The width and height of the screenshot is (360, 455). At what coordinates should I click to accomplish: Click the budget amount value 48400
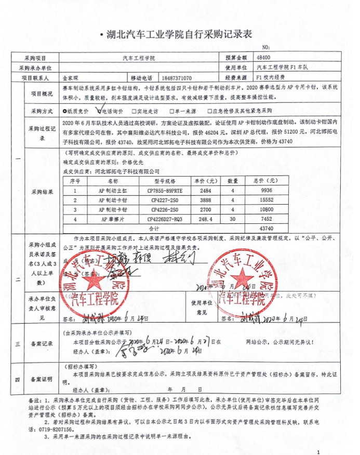[263, 58]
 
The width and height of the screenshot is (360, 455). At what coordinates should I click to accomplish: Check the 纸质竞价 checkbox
[64, 111]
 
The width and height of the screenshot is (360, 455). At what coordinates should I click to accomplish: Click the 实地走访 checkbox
[134, 111]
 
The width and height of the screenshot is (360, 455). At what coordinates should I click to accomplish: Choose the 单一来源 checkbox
[174, 111]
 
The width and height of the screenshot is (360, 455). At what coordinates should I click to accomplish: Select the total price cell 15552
[267, 200]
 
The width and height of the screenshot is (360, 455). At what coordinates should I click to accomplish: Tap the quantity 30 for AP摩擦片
[234, 219]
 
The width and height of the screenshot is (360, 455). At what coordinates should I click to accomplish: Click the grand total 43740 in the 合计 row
[266, 229]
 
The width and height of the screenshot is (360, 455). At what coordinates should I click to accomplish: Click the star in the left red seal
[94, 280]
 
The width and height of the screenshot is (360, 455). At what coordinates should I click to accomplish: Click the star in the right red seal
[243, 279]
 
